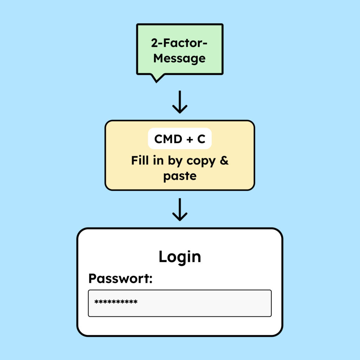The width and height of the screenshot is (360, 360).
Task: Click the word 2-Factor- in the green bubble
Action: point(180,44)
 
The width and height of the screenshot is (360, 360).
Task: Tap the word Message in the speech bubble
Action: point(180,58)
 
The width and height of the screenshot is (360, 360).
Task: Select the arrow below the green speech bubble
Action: point(180,102)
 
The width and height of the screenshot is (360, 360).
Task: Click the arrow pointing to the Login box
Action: point(180,210)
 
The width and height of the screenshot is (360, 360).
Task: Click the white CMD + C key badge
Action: point(180,139)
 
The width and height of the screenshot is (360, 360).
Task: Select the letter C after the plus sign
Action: point(201,139)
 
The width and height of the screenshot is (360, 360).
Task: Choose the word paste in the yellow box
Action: point(180,175)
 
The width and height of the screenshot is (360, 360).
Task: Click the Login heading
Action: point(180,257)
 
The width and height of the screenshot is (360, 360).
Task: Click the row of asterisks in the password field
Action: point(116,302)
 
